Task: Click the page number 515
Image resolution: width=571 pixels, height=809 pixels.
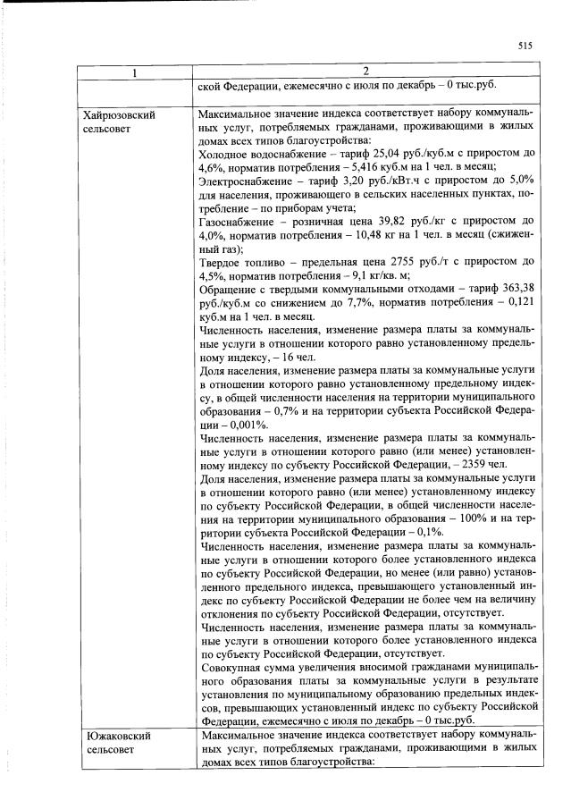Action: [525, 46]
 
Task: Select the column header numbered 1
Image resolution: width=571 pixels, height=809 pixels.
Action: [135, 71]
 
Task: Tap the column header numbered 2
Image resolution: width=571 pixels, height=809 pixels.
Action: [365, 71]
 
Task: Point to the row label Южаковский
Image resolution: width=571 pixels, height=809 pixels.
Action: [116, 735]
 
